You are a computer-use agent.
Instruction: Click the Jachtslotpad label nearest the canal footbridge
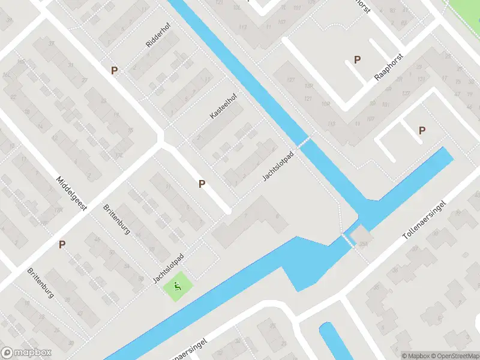coord(280,166)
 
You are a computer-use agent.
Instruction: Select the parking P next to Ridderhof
coord(114,71)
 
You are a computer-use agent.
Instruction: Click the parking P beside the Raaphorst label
coord(358,59)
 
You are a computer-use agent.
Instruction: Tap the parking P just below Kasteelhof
coord(202,184)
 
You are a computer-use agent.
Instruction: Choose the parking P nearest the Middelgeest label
coord(62,244)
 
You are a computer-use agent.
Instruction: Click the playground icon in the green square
coord(178,287)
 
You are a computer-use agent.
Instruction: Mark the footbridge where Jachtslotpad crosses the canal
coord(304,142)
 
